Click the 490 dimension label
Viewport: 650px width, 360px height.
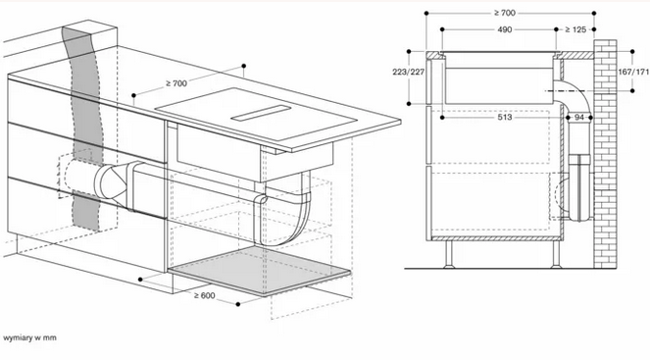pos(504,29)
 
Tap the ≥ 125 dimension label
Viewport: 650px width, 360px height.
pos(575,29)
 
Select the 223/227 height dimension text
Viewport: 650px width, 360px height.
pos(408,73)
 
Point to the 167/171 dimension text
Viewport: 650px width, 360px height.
pos(633,72)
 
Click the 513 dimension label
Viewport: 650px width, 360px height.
pos(505,118)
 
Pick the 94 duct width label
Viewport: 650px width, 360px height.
pos(579,118)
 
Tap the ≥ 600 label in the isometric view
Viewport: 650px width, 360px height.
pos(204,295)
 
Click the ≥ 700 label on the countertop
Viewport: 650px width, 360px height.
pos(176,83)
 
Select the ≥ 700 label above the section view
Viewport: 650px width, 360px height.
pos(505,13)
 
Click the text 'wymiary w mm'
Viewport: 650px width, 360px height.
pos(29,337)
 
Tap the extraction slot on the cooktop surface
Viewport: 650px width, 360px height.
pos(261,113)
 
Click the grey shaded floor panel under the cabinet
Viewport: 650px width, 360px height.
pos(260,271)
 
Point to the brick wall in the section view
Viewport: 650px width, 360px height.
pos(605,154)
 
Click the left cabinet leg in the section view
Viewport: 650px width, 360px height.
pos(449,254)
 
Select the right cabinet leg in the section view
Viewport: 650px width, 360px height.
pos(556,254)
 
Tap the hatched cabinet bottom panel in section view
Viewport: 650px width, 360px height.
pos(496,238)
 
